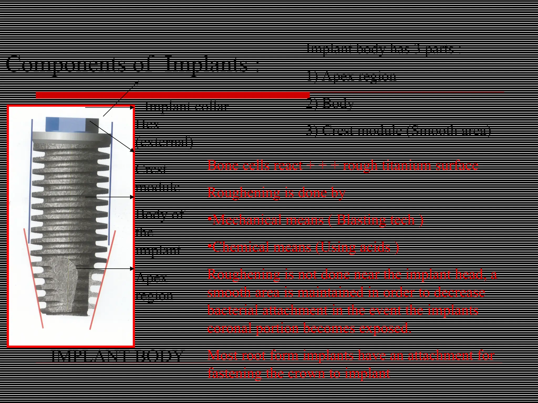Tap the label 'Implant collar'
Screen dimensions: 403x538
click(x=187, y=106)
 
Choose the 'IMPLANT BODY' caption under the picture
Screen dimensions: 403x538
click(x=117, y=356)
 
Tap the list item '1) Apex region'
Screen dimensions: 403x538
click(x=351, y=76)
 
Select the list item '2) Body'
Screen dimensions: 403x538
click(x=330, y=103)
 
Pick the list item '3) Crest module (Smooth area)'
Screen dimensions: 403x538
click(x=398, y=130)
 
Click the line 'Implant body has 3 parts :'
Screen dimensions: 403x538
click(x=383, y=49)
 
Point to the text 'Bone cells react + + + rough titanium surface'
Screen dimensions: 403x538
click(x=343, y=165)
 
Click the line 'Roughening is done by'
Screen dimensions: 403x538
click(x=276, y=193)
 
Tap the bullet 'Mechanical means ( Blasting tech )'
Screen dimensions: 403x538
click(x=315, y=220)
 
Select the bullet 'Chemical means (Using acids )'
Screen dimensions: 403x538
click(x=303, y=247)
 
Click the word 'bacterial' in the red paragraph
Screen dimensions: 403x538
click(x=232, y=310)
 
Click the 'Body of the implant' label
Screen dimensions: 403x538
click(x=159, y=232)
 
